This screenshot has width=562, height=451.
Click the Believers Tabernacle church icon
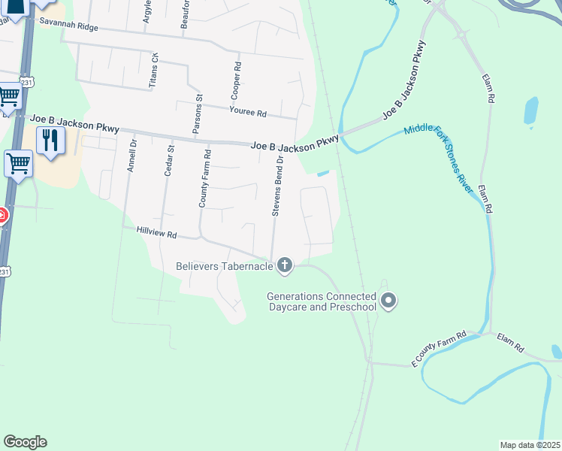[284, 265]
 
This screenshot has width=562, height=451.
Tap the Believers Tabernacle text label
[225, 265]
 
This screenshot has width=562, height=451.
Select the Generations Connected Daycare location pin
[388, 301]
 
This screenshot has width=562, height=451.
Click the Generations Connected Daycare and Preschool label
[322, 302]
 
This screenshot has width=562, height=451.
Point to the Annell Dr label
[131, 156]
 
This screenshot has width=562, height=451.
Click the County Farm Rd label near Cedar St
[203, 178]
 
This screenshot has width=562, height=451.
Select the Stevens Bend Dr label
[277, 187]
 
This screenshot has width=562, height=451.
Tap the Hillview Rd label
[156, 234]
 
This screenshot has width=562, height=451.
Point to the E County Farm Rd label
[440, 350]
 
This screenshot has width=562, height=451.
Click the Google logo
[25, 442]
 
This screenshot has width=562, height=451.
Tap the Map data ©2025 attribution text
[530, 445]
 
